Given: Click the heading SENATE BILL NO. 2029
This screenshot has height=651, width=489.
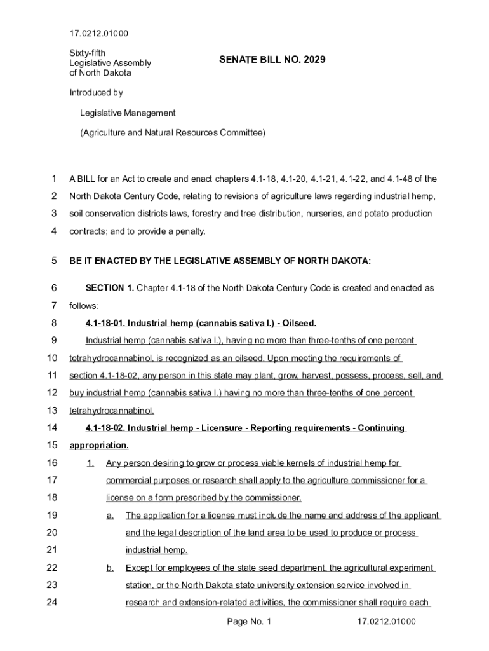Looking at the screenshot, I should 272,60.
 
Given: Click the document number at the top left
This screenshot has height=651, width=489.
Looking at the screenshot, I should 99,32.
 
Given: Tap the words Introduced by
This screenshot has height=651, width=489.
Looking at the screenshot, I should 96,93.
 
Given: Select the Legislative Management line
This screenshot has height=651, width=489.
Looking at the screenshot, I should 127,113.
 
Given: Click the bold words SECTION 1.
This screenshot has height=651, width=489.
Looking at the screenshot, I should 110,288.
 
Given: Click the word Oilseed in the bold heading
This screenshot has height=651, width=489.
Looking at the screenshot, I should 297,323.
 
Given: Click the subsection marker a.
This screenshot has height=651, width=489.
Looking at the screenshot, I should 111,516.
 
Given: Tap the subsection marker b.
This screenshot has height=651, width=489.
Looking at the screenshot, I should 111,568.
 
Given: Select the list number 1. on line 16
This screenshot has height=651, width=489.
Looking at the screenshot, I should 90,463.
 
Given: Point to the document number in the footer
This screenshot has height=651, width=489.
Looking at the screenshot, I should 386,622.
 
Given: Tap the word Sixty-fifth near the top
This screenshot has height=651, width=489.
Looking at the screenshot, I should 89,53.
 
